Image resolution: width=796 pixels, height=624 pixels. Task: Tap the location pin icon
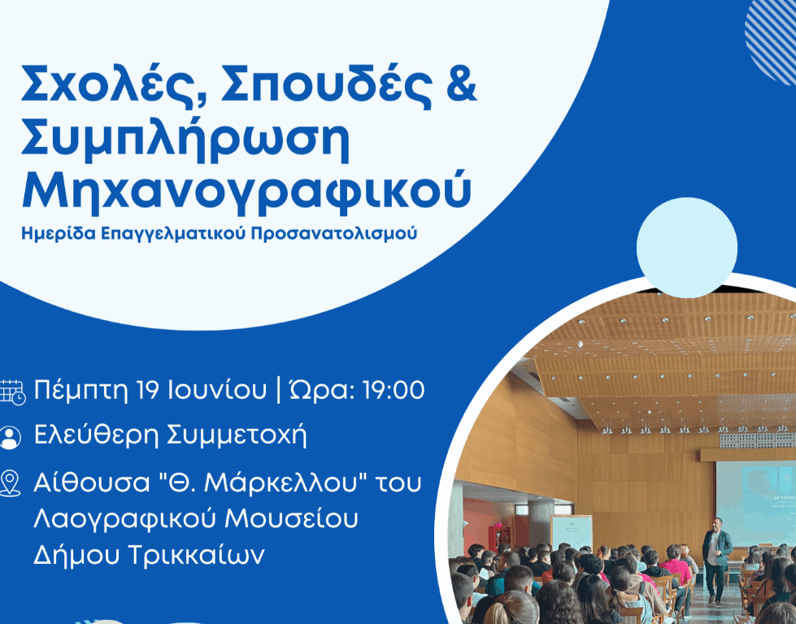[x=10, y=483]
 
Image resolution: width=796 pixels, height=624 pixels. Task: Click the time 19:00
[x=394, y=390]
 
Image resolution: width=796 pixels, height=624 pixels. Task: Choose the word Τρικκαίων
[x=196, y=555]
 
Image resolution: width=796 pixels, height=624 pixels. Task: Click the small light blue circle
[x=687, y=248]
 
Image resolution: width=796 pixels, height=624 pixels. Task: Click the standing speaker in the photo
[x=716, y=561]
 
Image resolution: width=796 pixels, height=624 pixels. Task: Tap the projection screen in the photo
[x=756, y=503]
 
